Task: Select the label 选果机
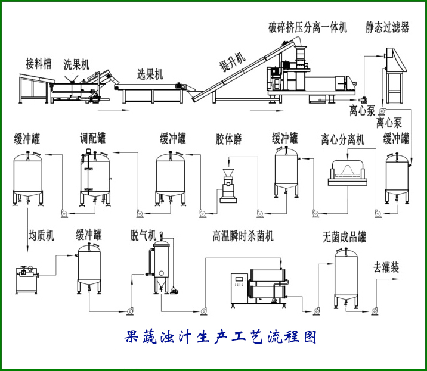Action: (150, 74)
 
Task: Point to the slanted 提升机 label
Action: (231, 61)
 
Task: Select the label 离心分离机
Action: (342, 139)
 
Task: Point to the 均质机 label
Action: (41, 235)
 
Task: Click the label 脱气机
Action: (143, 235)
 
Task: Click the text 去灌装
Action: (386, 267)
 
